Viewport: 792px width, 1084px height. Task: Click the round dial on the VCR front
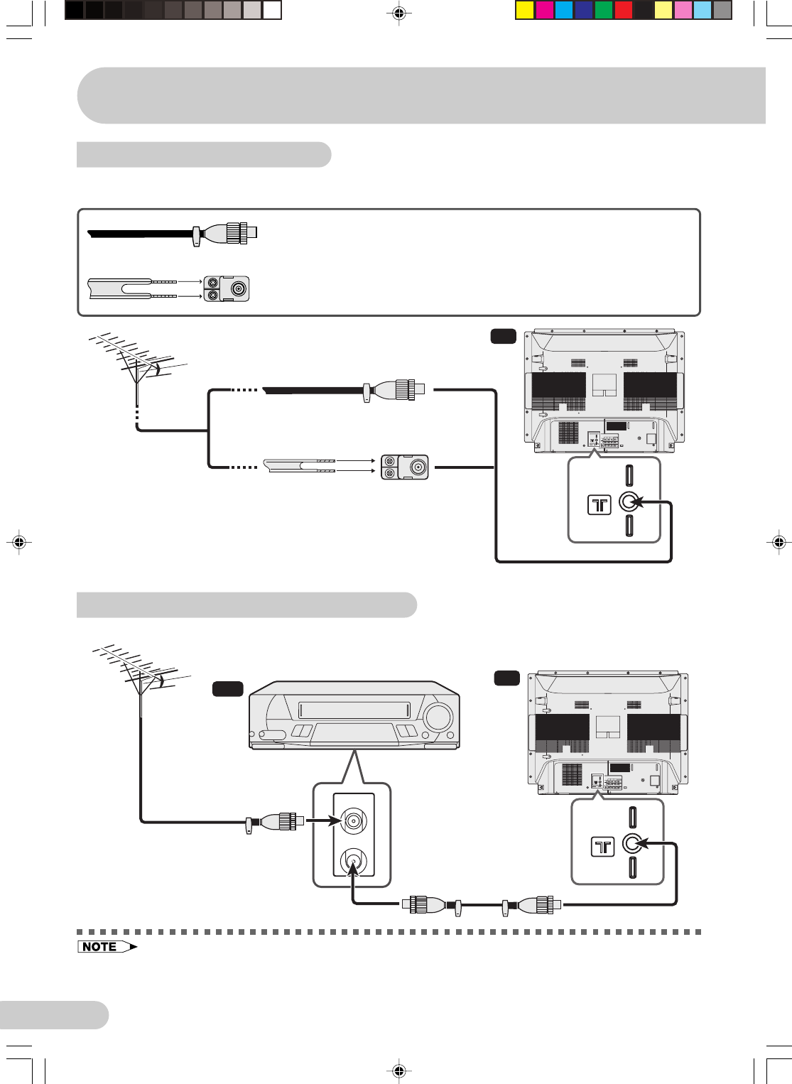click(438, 717)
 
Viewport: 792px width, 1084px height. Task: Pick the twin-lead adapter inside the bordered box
click(227, 288)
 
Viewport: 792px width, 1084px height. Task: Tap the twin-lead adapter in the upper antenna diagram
click(404, 467)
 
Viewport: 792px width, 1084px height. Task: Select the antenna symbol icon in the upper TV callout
click(600, 504)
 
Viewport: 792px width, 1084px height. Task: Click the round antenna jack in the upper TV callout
click(628, 502)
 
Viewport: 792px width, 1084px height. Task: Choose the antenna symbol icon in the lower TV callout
click(602, 846)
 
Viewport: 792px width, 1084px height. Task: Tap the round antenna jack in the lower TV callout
click(632, 843)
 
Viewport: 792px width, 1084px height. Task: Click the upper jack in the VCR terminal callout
click(353, 821)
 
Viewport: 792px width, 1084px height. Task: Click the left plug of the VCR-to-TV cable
click(425, 905)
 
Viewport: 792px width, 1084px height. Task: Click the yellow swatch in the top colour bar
click(524, 10)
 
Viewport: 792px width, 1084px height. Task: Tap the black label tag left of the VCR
click(227, 688)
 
